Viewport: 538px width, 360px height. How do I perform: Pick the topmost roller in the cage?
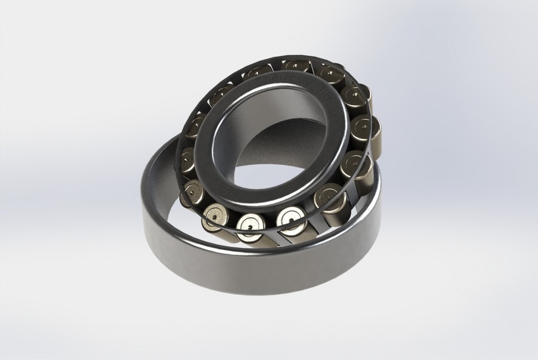[x=296, y=66]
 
